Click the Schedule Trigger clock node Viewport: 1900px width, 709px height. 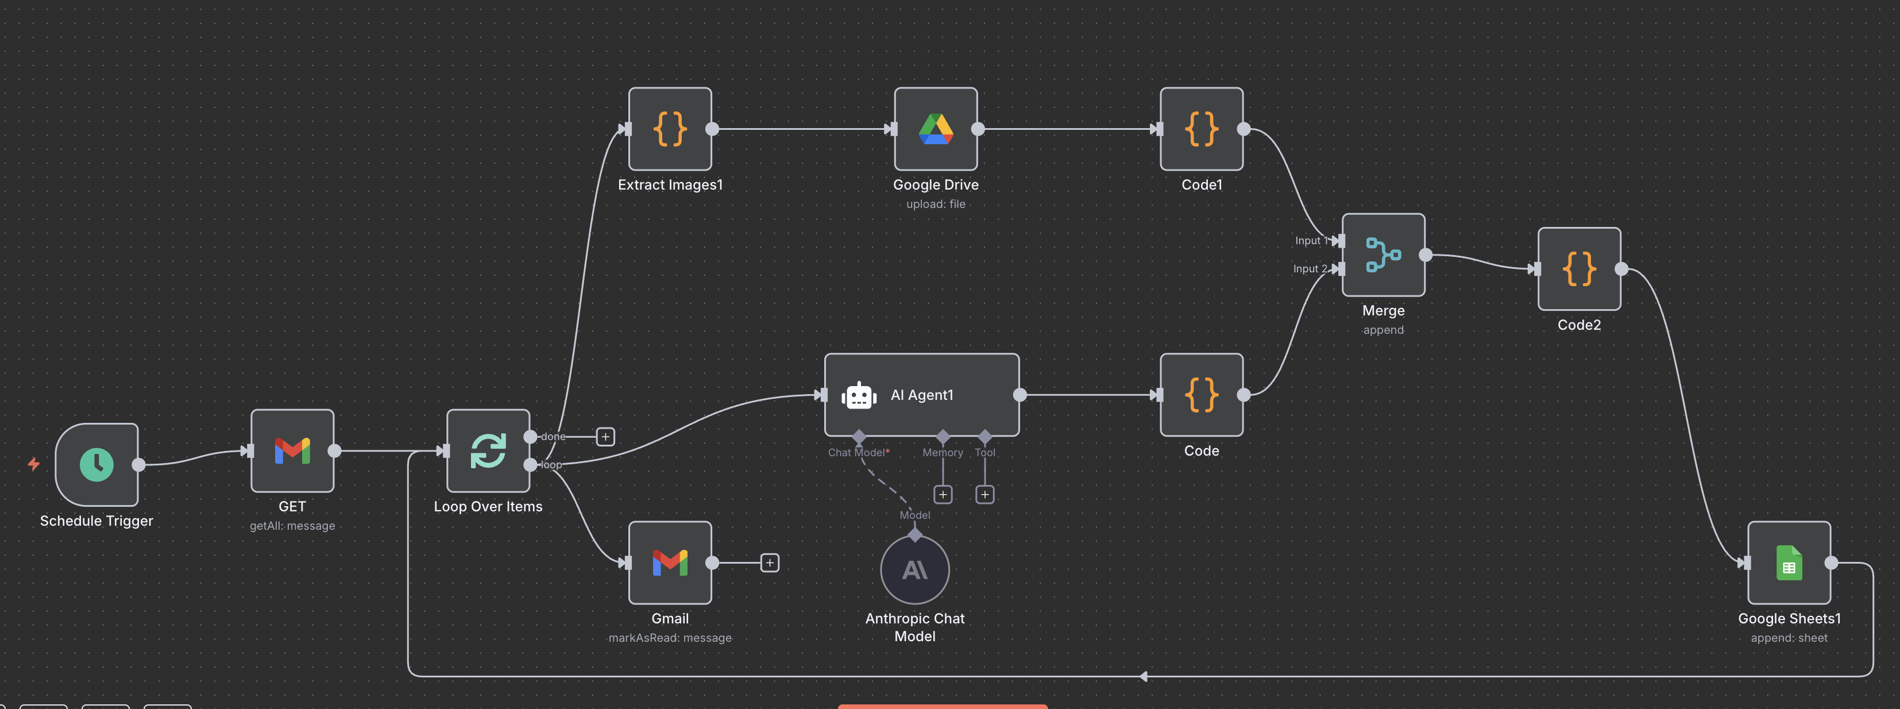pos(96,464)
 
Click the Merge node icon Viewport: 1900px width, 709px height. pos(1383,255)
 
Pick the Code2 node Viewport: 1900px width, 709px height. pos(1578,268)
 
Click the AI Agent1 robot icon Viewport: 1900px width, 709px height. pos(859,395)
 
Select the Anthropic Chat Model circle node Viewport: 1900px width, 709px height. pos(914,569)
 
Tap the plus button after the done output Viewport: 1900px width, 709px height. pos(605,437)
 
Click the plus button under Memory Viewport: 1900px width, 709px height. pos(943,494)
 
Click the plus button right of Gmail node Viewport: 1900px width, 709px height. pos(769,563)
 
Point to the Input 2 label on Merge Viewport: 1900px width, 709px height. pos(1309,268)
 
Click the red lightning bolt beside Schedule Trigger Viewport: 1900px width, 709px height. pos(33,464)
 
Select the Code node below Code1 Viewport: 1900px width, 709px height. pos(1201,395)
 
